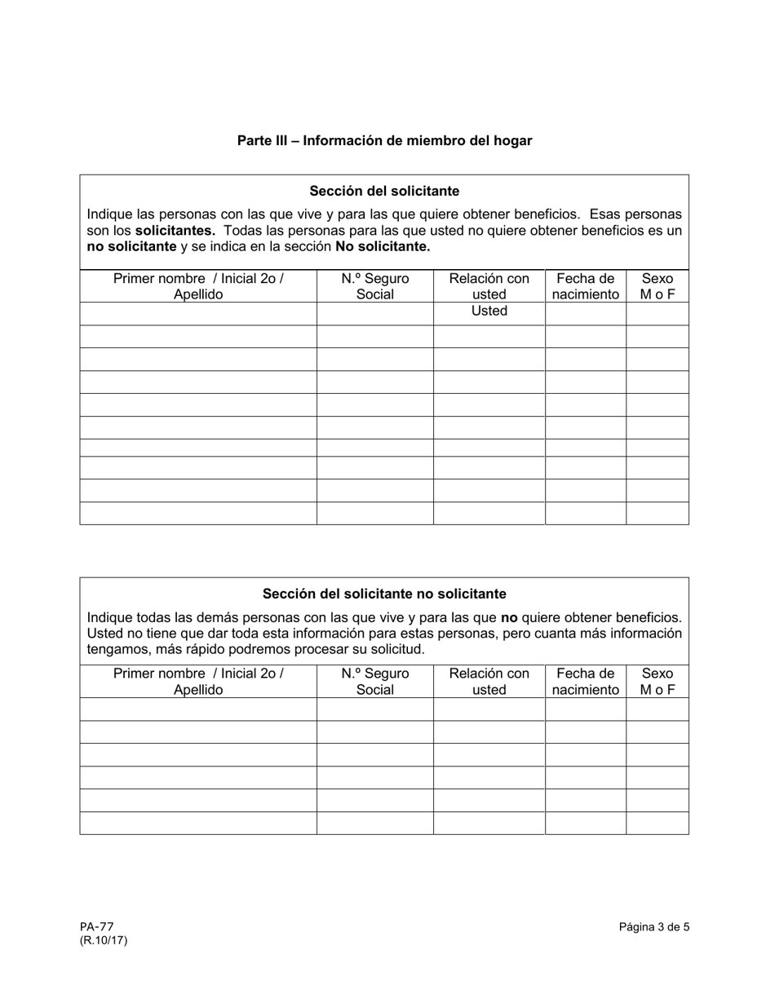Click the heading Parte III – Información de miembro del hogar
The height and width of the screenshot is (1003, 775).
[384, 140]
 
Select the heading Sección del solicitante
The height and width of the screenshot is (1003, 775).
[384, 191]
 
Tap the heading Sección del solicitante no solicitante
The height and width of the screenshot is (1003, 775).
[384, 594]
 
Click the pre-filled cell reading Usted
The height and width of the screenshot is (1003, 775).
[489, 312]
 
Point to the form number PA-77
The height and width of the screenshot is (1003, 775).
[96, 926]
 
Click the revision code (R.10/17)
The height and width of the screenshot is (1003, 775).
[104, 940]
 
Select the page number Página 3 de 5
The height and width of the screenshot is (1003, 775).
[653, 926]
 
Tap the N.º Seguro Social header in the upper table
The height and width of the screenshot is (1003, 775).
[374, 286]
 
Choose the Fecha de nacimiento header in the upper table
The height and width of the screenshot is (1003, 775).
[585, 286]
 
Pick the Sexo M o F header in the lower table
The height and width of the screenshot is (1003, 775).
[658, 682]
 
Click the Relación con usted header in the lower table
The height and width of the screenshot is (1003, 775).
[489, 682]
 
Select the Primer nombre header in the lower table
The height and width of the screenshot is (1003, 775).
[198, 682]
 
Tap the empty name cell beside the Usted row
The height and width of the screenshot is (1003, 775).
[198, 313]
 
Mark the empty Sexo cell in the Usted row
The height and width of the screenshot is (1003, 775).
[658, 313]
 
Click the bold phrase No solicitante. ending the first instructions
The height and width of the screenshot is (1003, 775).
[383, 246]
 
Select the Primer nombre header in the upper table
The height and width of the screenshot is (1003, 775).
[198, 286]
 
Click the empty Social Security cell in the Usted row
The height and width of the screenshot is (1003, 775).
[374, 313]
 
